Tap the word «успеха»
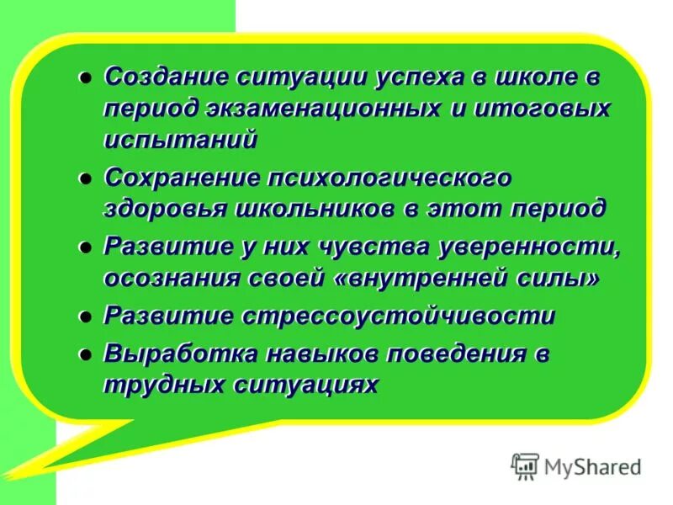[405, 77]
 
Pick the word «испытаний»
[180, 140]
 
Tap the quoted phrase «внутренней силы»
[467, 278]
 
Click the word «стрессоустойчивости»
[400, 316]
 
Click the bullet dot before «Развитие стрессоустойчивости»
[85, 316]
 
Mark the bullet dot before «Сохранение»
[85, 178]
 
